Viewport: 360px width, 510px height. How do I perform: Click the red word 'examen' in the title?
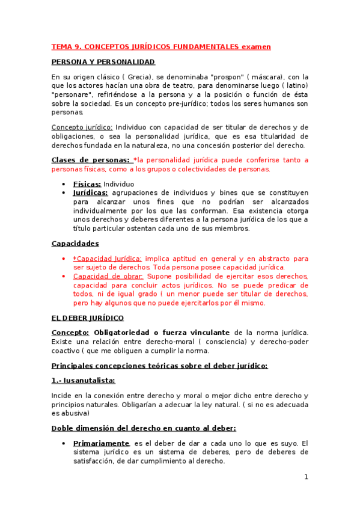click(x=256, y=46)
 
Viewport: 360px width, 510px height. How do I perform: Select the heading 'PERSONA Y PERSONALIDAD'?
click(x=103, y=62)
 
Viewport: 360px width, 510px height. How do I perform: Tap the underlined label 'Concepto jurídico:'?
click(x=82, y=127)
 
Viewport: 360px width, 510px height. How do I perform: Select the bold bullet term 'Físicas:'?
click(x=87, y=184)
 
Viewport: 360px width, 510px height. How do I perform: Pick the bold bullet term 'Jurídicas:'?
click(x=90, y=193)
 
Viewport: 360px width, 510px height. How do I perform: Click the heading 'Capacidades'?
click(x=75, y=244)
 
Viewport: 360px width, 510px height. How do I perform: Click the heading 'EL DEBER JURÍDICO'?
click(x=88, y=318)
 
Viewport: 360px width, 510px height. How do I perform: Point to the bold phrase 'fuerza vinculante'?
click(x=197, y=333)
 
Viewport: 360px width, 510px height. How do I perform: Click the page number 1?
click(x=306, y=477)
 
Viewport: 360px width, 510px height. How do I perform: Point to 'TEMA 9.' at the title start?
click(x=66, y=46)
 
